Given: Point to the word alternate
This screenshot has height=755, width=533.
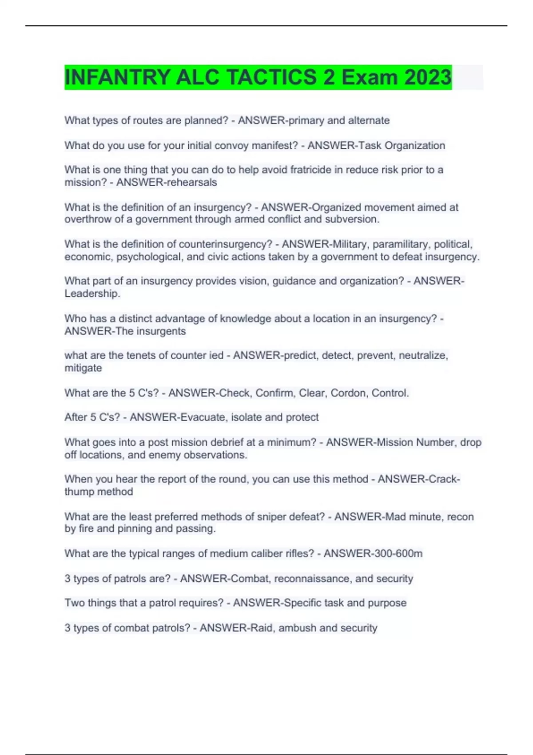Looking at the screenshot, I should pyautogui.click(x=369, y=120).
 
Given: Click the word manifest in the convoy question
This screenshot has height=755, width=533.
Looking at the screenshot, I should pyautogui.click(x=274, y=146).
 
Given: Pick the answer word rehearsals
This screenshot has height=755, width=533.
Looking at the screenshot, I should pyautogui.click(x=191, y=182).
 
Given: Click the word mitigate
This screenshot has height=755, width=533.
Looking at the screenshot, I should pyautogui.click(x=83, y=368).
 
